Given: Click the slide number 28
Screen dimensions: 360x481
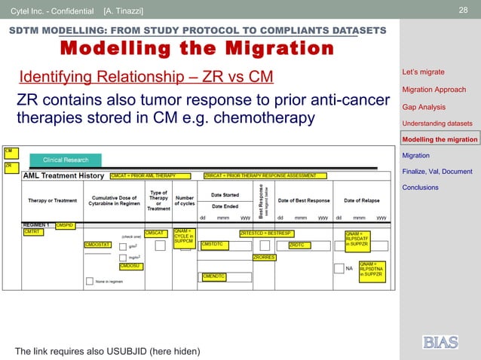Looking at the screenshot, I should point(464,9).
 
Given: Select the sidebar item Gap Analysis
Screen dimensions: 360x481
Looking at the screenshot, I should point(424,107).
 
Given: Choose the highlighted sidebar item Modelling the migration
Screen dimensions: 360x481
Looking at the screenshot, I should point(440,139).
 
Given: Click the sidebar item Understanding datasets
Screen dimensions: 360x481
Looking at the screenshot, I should point(437,123).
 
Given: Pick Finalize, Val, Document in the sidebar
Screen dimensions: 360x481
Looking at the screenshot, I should point(437,171).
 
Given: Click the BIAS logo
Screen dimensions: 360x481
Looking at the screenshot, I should point(440,342).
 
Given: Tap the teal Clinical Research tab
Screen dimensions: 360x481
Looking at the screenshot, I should point(66,160).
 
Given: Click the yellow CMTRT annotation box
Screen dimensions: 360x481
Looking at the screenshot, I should point(32,233).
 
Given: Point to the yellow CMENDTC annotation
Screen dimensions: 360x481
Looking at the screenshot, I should point(214,276).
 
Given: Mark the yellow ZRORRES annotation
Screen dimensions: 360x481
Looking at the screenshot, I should point(264,258).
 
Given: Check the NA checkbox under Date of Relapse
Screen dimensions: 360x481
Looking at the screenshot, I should point(338,268).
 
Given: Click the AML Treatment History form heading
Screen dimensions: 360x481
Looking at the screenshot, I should point(63,175).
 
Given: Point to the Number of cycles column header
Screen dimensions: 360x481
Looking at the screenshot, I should point(184,200).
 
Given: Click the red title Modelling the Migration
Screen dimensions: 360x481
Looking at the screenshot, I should point(196,49).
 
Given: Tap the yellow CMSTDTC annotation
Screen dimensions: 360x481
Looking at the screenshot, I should point(213,245).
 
